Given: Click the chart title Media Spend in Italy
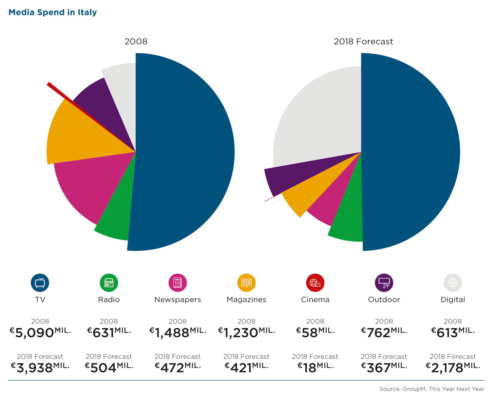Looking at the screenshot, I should pyautogui.click(x=53, y=12).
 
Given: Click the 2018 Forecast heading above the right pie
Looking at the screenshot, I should pyautogui.click(x=363, y=42).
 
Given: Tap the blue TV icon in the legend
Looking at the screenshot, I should pyautogui.click(x=40, y=282).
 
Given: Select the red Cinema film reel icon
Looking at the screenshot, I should pyautogui.click(x=315, y=282).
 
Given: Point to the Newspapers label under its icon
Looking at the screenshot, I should pyautogui.click(x=177, y=299).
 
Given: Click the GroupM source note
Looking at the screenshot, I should pyautogui.click(x=432, y=389).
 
